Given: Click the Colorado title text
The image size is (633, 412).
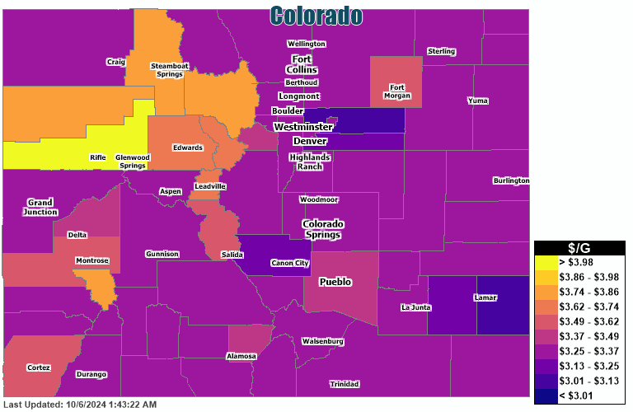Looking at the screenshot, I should pyautogui.click(x=316, y=15).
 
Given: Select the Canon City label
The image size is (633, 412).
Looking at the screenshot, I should pyautogui.click(x=289, y=264).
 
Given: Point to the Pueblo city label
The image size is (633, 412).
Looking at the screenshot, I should pyautogui.click(x=335, y=282).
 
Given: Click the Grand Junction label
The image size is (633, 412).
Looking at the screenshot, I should pyautogui.click(x=40, y=207).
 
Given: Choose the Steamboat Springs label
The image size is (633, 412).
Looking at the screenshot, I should pyautogui.click(x=166, y=69).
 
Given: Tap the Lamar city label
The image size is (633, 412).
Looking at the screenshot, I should pyautogui.click(x=485, y=297).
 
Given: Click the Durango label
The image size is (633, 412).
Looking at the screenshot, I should pyautogui.click(x=91, y=374).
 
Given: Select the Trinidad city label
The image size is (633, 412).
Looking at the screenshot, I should pyautogui.click(x=344, y=385).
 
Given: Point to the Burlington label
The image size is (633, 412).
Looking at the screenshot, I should pyautogui.click(x=511, y=180).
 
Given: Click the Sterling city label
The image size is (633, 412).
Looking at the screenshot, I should pyautogui.click(x=441, y=52).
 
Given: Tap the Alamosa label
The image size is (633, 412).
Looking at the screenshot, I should pyautogui.click(x=241, y=356).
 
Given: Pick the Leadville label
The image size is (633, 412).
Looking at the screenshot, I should pyautogui.click(x=209, y=186).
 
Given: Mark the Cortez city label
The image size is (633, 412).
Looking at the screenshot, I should pyautogui.click(x=39, y=368).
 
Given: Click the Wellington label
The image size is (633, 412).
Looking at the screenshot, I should pyautogui.click(x=306, y=44).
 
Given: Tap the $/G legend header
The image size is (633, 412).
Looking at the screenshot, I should pyautogui.click(x=579, y=247).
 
